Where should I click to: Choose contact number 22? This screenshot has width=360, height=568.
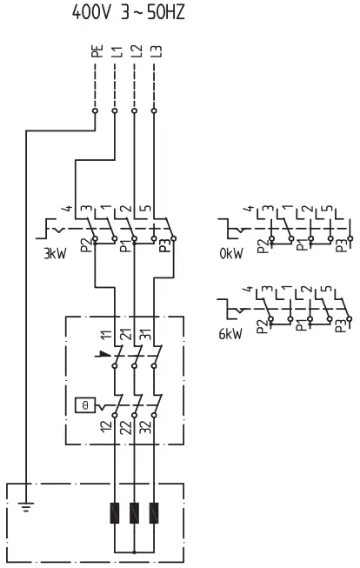coord(127,427)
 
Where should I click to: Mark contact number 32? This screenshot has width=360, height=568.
coord(146,427)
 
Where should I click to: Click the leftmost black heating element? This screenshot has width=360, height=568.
coord(116,513)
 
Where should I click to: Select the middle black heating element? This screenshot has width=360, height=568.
coord(135,513)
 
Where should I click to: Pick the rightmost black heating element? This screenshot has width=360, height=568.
coord(155,513)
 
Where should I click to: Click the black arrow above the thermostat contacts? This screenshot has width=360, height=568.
coord(105,355)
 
